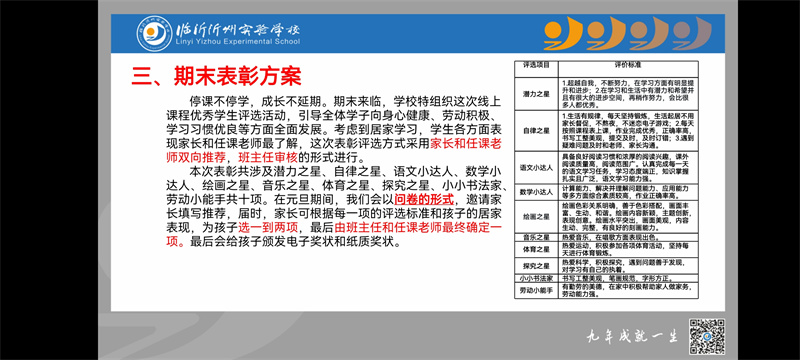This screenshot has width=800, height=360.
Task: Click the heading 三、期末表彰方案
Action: click(218, 74)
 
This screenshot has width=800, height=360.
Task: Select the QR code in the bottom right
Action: click(707, 335)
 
